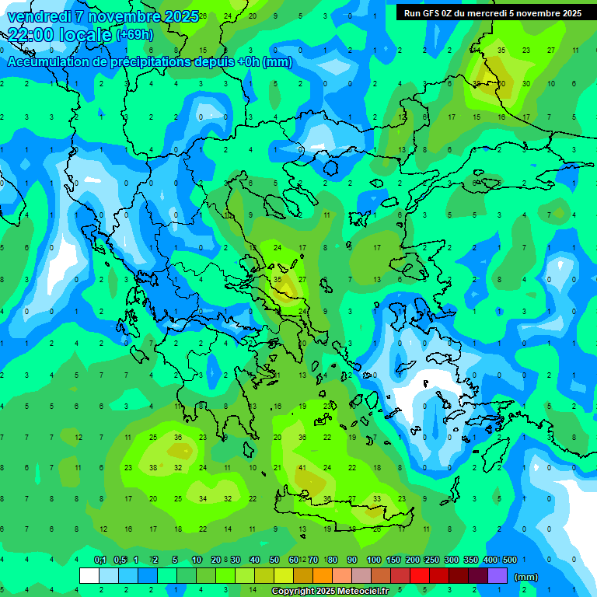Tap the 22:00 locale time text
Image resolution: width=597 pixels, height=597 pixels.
(x=59, y=35)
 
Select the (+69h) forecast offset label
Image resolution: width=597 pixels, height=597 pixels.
(x=134, y=36)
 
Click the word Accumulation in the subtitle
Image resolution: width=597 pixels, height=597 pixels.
(x=50, y=62)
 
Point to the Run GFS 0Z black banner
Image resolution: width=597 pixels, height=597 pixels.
(x=493, y=13)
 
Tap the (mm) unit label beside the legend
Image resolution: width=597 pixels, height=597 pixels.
(x=526, y=577)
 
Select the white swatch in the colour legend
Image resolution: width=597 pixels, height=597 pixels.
(x=89, y=576)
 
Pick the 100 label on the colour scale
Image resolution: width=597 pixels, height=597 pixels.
(x=374, y=560)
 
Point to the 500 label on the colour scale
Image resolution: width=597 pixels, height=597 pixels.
(x=510, y=560)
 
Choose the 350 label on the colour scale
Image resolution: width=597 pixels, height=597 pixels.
(x=471, y=560)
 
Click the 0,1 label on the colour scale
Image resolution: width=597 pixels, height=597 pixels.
(x=100, y=560)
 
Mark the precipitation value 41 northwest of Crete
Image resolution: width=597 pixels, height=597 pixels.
(x=302, y=468)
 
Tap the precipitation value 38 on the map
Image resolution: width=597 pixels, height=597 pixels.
(x=153, y=468)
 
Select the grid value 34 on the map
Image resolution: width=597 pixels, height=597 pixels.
(x=203, y=498)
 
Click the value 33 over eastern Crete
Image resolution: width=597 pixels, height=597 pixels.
(x=377, y=498)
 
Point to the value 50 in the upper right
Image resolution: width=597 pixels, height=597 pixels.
(x=501, y=83)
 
